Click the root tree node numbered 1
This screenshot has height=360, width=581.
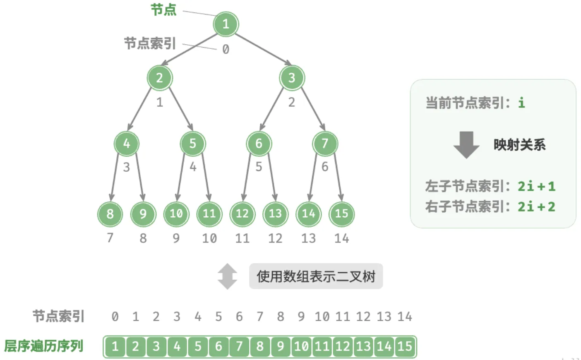[226, 24]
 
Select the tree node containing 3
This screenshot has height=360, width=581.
[292, 77]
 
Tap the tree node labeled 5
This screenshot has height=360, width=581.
[193, 144]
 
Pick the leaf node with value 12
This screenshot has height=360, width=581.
[242, 214]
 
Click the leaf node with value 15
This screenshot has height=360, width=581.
[341, 214]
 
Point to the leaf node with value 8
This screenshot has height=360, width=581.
[110, 214]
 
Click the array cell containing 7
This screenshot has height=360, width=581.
[239, 346]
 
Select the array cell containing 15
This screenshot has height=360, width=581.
[405, 346]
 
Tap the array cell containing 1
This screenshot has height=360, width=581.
[115, 346]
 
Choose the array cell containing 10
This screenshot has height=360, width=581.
[301, 346]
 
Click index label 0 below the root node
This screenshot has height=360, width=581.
[226, 49]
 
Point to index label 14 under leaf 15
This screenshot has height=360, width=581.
[341, 238]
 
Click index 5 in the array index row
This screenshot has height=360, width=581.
[218, 317]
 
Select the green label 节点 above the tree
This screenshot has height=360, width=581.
[164, 10]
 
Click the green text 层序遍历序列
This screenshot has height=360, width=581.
[43, 346]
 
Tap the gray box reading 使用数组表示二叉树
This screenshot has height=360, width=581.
[316, 276]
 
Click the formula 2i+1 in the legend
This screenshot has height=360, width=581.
[537, 186]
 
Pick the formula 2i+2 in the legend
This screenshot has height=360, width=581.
[537, 207]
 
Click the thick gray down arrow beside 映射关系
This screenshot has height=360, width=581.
[466, 145]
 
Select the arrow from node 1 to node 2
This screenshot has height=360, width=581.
[190, 50]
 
